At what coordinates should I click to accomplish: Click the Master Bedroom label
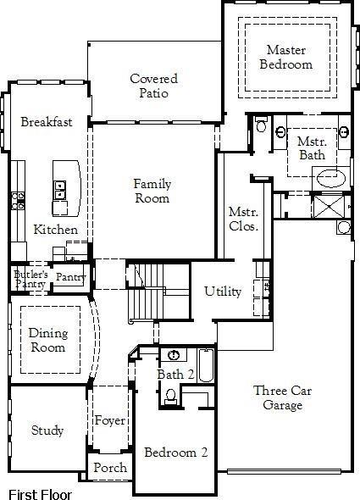(x=285, y=57)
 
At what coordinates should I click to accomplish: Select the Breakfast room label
(x=47, y=122)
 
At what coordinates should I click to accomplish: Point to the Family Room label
(x=152, y=191)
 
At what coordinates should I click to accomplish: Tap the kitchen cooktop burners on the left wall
(x=18, y=201)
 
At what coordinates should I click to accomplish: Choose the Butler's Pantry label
(x=30, y=279)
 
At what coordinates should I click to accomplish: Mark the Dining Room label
(x=47, y=340)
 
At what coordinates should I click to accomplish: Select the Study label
(x=47, y=431)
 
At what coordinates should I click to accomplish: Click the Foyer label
(x=110, y=420)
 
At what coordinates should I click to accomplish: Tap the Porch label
(x=110, y=468)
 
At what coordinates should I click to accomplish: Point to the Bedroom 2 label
(x=175, y=453)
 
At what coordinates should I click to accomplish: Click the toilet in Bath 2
(x=170, y=394)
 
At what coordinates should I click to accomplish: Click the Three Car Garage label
(x=277, y=397)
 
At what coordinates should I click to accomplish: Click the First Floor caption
(x=40, y=494)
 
